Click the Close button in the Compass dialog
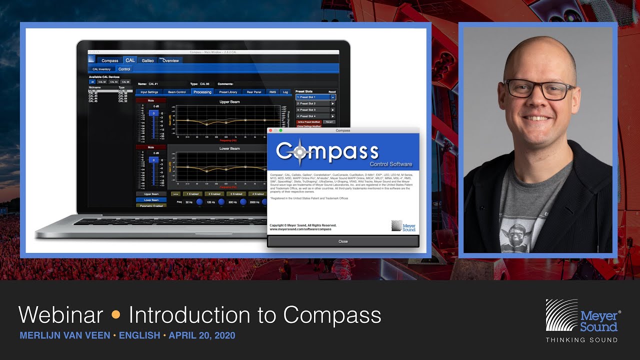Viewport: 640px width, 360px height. (343, 241)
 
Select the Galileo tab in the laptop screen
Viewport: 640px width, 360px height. (147, 60)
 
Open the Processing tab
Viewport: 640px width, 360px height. (202, 92)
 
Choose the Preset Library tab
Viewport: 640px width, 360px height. (228, 92)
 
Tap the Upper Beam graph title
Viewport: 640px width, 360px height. (229, 102)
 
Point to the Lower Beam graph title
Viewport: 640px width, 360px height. (229, 148)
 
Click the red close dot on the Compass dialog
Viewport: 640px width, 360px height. (270, 130)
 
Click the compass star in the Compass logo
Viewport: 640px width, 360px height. (299, 152)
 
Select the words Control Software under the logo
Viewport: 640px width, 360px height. (390, 164)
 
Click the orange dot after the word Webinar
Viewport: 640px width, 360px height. (116, 315)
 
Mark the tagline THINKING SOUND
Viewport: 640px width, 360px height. (581, 340)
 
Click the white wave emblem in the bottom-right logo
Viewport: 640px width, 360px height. (561, 315)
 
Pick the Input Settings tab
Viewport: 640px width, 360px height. (149, 92)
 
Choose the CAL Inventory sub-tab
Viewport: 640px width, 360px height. (101, 69)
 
